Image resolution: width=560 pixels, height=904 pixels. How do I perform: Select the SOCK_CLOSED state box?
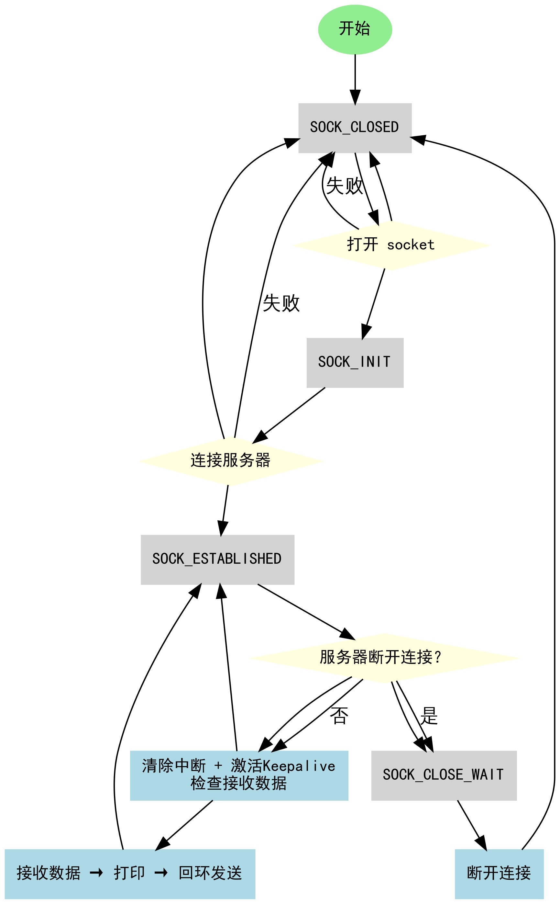(x=355, y=128)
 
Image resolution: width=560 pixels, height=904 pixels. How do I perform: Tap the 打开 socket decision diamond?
(x=391, y=245)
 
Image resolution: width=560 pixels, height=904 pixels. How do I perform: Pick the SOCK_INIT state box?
(x=355, y=363)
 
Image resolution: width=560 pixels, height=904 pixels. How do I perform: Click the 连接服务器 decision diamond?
(x=230, y=461)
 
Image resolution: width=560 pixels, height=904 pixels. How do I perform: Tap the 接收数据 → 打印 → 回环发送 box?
(x=130, y=874)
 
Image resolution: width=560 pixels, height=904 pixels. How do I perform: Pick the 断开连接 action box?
(x=499, y=874)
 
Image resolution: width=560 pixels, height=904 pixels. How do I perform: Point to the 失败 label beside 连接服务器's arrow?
(x=281, y=303)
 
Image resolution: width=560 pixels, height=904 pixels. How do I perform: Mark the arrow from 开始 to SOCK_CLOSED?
(x=355, y=79)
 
